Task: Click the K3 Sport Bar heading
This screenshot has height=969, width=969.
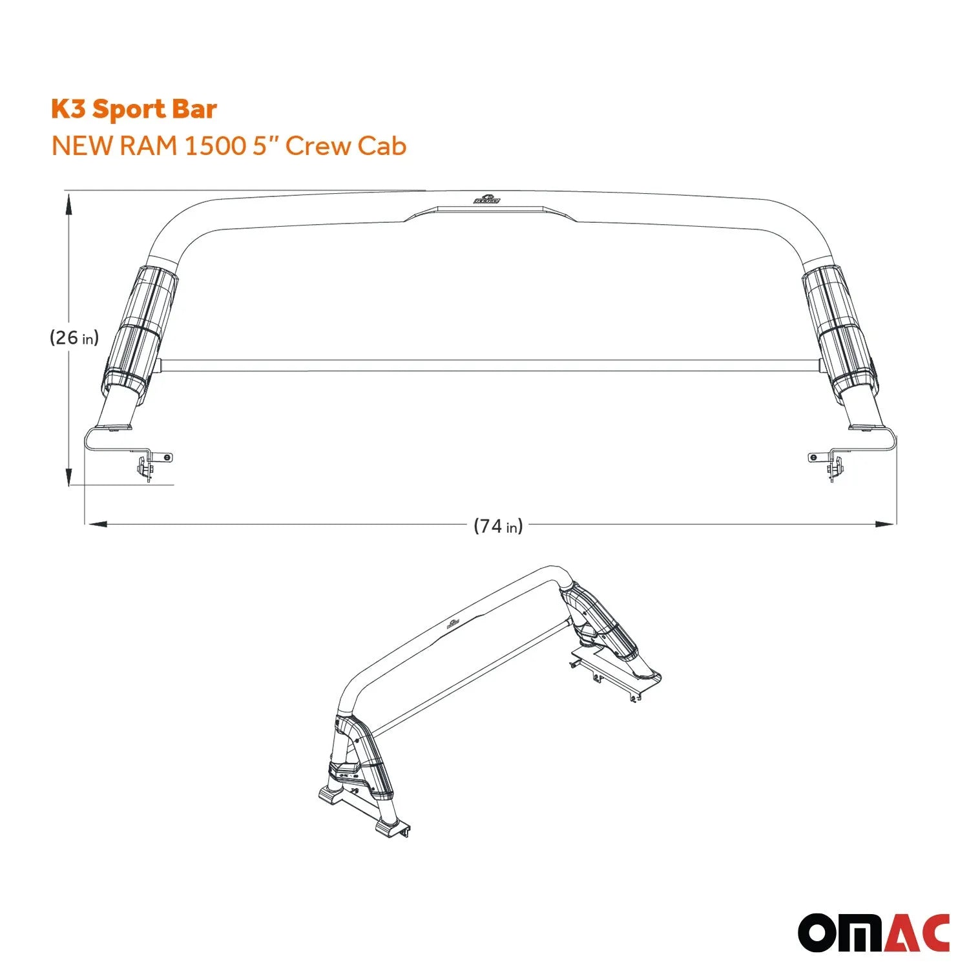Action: click(x=134, y=109)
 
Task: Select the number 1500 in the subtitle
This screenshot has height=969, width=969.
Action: click(x=214, y=146)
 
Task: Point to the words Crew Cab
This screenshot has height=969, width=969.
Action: click(x=346, y=146)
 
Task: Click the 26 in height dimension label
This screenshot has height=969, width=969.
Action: click(x=74, y=337)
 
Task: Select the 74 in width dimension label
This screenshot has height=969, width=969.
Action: click(x=498, y=526)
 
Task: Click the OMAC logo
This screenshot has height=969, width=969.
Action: click(x=873, y=932)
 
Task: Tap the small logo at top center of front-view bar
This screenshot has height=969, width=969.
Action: click(x=486, y=200)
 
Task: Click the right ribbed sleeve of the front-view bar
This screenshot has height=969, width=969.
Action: click(x=839, y=329)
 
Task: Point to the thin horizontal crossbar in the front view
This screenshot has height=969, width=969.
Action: click(x=491, y=366)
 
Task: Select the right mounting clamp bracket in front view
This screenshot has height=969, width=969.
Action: click(x=830, y=463)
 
